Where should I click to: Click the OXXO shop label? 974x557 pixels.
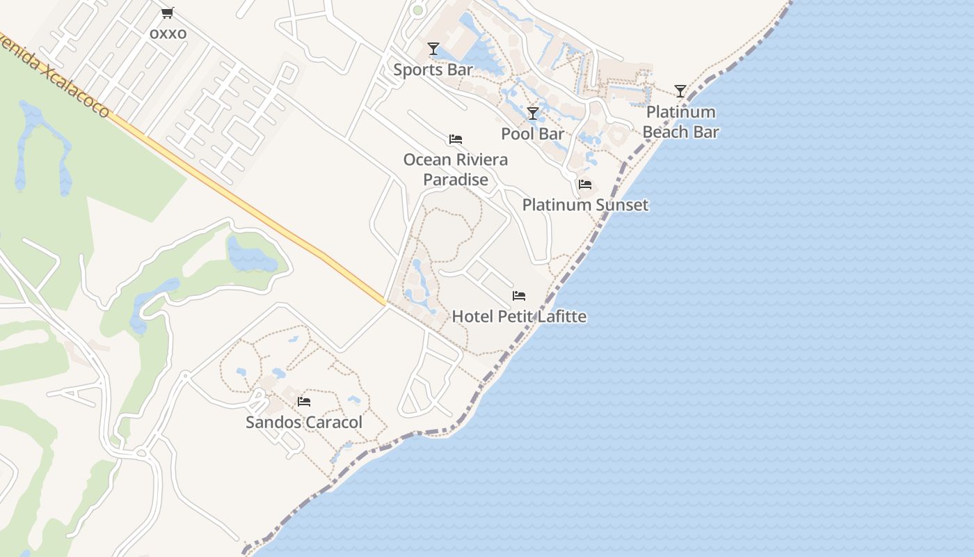[x=168, y=33]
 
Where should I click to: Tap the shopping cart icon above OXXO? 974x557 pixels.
[x=167, y=13]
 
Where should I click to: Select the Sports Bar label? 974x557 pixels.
[x=433, y=70]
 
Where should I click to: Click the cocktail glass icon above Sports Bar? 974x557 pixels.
[x=433, y=49]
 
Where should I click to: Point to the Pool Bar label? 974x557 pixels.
[x=532, y=134]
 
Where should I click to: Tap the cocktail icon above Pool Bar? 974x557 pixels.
[x=533, y=113]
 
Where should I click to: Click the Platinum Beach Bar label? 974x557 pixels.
[x=680, y=122]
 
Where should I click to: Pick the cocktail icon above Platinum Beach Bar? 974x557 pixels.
[x=680, y=91]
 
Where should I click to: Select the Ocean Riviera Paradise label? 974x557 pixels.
[x=456, y=169]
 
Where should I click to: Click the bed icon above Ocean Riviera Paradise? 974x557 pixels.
[x=456, y=139]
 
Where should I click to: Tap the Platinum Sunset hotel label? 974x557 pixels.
[x=585, y=205]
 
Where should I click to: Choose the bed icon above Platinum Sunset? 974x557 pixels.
[x=585, y=185]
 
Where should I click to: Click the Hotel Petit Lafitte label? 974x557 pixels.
[x=519, y=317]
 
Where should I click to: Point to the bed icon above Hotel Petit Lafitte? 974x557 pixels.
[x=519, y=296]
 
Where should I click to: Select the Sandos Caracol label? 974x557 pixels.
[x=304, y=422]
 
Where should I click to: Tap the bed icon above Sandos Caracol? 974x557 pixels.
[x=304, y=402]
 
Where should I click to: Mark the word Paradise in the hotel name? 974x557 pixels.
[x=456, y=180]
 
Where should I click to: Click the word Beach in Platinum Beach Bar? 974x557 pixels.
[x=665, y=132]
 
